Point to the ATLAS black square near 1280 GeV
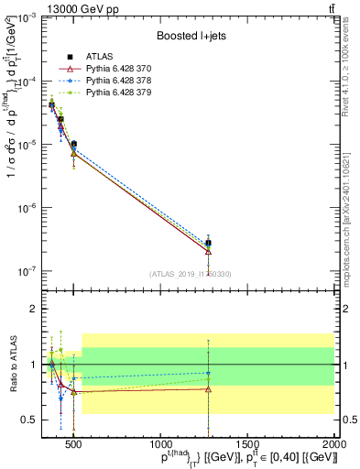[x=209, y=244]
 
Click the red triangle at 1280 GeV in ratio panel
[x=209, y=389]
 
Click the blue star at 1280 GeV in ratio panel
[x=209, y=373]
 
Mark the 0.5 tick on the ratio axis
[x=29, y=420]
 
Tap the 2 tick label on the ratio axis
[x=33, y=309]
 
